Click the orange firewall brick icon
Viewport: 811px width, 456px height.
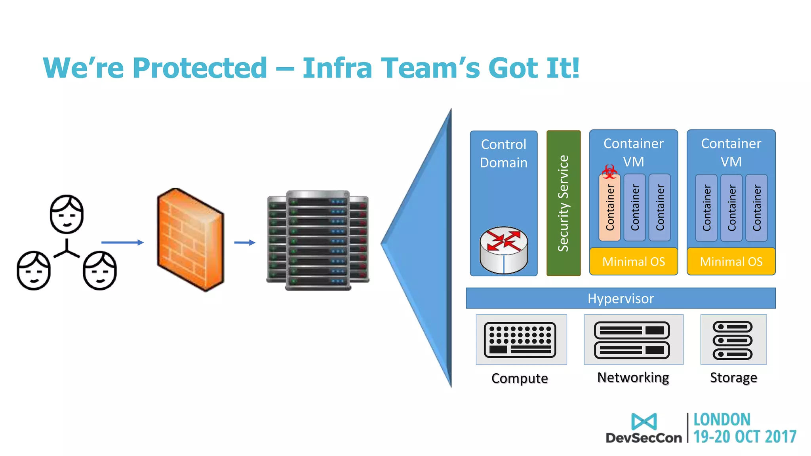(190, 239)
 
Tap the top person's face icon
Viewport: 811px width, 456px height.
(67, 214)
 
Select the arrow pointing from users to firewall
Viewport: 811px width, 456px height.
(122, 242)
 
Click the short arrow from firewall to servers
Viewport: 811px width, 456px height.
(244, 242)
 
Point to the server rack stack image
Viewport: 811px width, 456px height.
(318, 240)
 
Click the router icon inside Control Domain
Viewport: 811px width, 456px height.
(503, 250)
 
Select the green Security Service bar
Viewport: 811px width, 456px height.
(563, 203)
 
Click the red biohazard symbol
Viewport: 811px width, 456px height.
(609, 172)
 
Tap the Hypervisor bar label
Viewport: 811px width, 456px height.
(621, 298)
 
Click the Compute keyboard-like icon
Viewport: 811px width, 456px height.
(520, 340)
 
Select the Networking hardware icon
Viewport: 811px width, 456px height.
(632, 340)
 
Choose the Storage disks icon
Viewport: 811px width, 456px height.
(733, 340)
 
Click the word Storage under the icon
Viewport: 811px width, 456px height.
(733, 378)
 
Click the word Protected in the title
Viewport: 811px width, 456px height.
(200, 68)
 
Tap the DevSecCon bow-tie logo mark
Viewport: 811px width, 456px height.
(644, 422)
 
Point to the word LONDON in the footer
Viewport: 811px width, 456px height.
(722, 420)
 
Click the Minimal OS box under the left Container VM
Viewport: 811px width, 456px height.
(633, 262)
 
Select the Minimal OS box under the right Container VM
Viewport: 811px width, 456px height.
(731, 262)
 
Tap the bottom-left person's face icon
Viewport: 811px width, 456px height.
(34, 271)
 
